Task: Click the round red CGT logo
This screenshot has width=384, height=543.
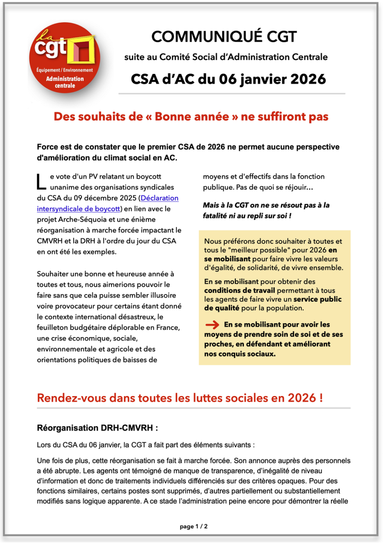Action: click(x=64, y=58)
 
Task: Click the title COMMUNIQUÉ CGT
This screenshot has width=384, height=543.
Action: click(x=224, y=37)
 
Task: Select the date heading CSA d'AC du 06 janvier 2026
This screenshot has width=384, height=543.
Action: click(x=228, y=79)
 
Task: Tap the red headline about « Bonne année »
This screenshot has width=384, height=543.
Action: click(x=191, y=116)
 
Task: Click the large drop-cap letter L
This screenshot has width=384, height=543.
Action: click(x=41, y=182)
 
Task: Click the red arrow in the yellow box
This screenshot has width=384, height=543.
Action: click(x=212, y=325)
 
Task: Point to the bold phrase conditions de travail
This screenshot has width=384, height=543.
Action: click(x=239, y=290)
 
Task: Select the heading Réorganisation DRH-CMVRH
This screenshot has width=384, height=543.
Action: click(x=97, y=428)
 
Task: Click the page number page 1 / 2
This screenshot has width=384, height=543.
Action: click(x=194, y=526)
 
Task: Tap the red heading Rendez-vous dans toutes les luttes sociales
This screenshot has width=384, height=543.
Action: click(x=180, y=398)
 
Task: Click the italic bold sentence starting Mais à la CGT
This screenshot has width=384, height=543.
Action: click(x=266, y=210)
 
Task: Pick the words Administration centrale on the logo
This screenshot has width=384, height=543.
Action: click(x=65, y=82)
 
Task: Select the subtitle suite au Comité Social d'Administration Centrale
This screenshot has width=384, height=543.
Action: click(x=226, y=57)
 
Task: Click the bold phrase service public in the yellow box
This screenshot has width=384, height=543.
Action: click(x=317, y=299)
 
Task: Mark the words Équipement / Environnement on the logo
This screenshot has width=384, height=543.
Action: click(x=65, y=70)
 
